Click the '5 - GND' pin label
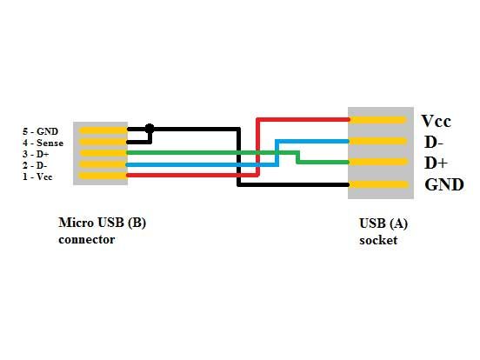(40, 131)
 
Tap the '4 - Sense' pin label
(43, 143)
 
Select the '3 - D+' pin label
(36, 154)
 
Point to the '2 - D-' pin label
(35, 165)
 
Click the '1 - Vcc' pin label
(37, 177)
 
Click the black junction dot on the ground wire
(150, 129)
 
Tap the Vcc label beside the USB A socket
(437, 121)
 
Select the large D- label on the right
(434, 142)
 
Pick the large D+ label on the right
(436, 163)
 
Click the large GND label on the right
(444, 184)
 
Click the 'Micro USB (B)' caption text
(103, 223)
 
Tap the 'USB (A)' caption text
(383, 223)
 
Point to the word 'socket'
(378, 240)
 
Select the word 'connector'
(87, 239)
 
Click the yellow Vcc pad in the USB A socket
(378, 120)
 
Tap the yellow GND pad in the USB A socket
(379, 184)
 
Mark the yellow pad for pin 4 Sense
(103, 142)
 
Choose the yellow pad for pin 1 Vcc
(103, 176)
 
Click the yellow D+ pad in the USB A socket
(378, 162)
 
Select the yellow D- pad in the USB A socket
(378, 141)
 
